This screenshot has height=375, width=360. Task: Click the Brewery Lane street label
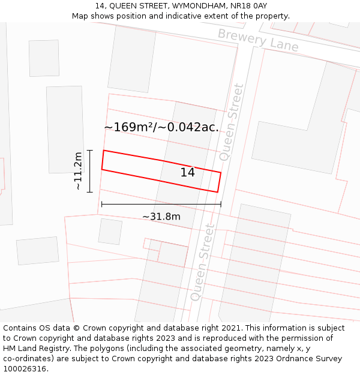pyautogui.click(x=258, y=40)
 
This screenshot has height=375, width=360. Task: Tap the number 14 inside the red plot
pyautogui.click(x=187, y=173)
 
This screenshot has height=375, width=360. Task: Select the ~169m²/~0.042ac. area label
pyautogui.click(x=161, y=127)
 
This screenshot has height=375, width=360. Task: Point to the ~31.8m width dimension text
pyautogui.click(x=161, y=217)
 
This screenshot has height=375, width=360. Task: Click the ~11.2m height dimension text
pyautogui.click(x=78, y=172)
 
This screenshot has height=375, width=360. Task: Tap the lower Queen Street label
pyautogui.click(x=202, y=262)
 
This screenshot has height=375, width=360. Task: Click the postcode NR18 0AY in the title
pyautogui.click(x=247, y=6)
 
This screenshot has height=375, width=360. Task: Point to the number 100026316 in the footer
pyautogui.click(x=24, y=369)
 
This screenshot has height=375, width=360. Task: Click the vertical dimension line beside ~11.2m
pyautogui.click(x=89, y=171)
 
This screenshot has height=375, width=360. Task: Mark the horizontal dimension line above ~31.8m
pyautogui.click(x=161, y=205)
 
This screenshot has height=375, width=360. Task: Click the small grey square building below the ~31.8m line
pyautogui.click(x=110, y=232)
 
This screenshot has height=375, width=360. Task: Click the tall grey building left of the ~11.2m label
pyautogui.click(x=65, y=129)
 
